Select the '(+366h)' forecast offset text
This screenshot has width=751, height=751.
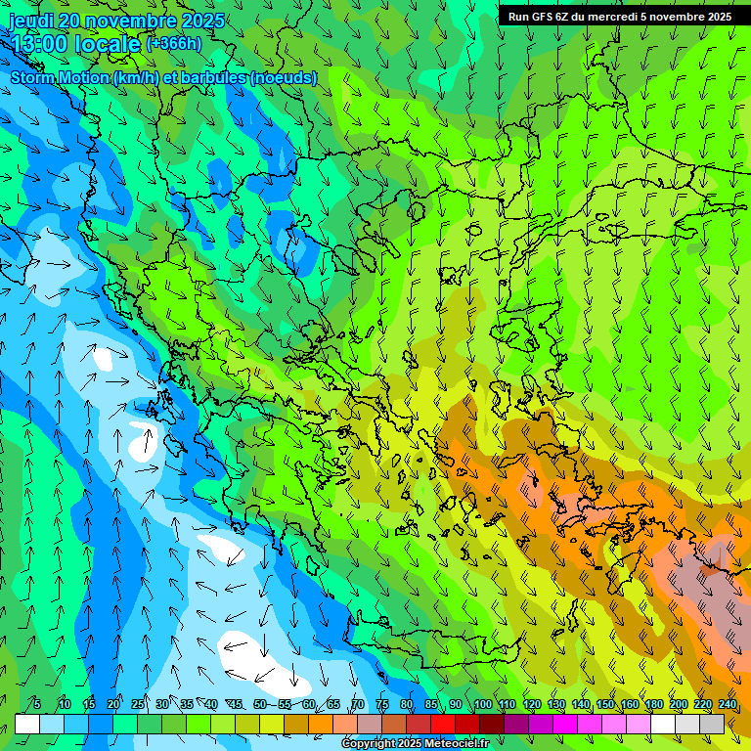tap(174, 44)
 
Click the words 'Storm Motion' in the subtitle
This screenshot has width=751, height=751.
tap(60, 77)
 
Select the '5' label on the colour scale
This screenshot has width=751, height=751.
tap(37, 704)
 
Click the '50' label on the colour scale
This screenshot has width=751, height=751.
tap(259, 704)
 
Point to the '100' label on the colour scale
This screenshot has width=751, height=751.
tap(482, 704)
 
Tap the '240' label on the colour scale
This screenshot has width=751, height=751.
tap(727, 704)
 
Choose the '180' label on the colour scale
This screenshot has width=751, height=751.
tap(653, 704)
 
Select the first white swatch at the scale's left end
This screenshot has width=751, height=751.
tap(27, 724)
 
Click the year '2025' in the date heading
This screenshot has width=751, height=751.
tap(199, 21)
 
